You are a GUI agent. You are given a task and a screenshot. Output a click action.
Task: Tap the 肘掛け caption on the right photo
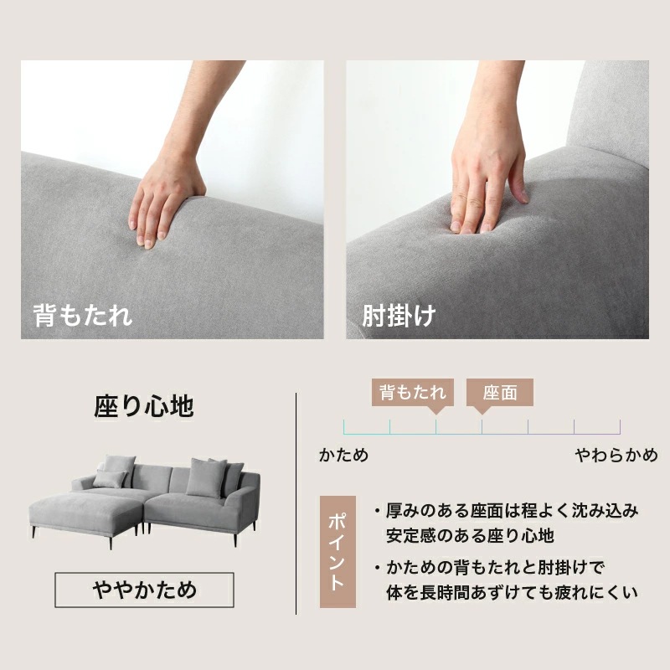[399, 317]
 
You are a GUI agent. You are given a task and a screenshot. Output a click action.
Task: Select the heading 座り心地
[143, 407]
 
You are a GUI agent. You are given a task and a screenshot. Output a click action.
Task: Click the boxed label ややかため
[144, 590]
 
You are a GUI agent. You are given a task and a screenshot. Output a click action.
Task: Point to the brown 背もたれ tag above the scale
[412, 392]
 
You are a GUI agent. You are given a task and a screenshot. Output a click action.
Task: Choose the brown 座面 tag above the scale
[500, 393]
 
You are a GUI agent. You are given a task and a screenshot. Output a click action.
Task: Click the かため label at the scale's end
[343, 456]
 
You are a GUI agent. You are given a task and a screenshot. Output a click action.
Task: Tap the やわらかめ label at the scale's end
[616, 456]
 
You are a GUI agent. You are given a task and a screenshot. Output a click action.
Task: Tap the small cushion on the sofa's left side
[109, 479]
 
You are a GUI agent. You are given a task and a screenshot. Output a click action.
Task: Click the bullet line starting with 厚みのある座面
[511, 510]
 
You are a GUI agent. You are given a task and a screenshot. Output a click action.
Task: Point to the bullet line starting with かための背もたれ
[494, 567]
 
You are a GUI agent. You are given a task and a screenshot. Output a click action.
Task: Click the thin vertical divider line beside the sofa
[296, 502]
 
